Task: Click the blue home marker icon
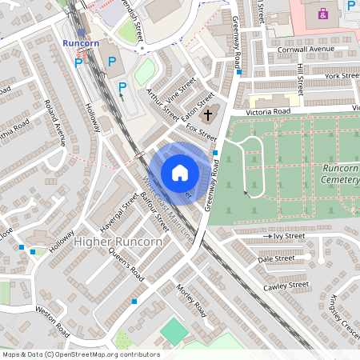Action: [180, 173]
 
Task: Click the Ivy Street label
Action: [286, 237]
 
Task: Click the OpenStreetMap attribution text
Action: [80, 354]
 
